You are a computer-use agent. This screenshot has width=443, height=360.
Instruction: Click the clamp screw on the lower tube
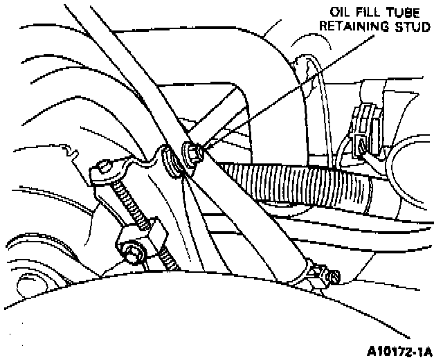(333, 276)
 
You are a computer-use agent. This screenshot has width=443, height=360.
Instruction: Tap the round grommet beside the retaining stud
(171, 161)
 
